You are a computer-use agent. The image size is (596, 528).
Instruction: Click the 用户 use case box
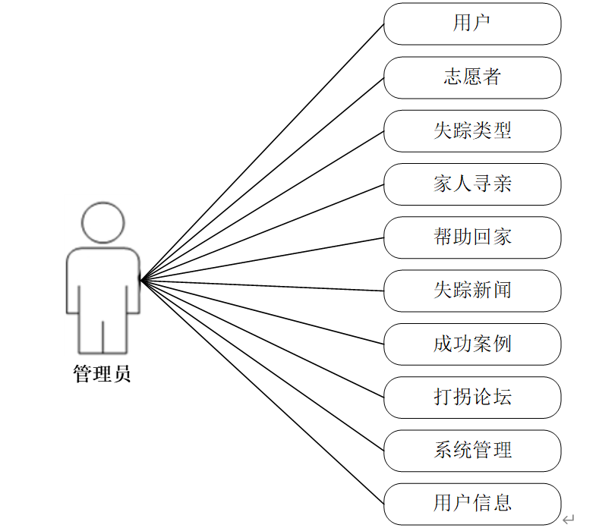472,24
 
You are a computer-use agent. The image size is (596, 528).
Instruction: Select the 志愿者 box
472,77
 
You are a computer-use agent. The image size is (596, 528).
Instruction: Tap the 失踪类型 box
472,130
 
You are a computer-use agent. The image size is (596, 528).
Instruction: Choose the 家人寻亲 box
472,184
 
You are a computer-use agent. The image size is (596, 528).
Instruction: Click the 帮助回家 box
472,237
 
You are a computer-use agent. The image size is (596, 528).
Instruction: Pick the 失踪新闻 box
472,290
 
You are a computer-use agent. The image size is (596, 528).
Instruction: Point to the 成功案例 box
472,344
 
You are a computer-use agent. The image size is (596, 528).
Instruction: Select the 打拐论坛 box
472,397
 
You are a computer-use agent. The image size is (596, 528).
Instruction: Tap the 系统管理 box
472,450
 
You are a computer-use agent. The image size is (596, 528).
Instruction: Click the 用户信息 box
472,503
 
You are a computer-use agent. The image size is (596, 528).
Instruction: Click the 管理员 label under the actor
102,374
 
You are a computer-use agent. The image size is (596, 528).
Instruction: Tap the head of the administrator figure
102,222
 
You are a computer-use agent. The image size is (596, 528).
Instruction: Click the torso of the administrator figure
102,281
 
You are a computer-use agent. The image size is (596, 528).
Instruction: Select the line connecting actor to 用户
263,152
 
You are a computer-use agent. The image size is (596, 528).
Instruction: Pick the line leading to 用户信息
263,391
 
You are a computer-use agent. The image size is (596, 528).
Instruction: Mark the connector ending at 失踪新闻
263,285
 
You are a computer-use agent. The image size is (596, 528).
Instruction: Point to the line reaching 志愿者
263,178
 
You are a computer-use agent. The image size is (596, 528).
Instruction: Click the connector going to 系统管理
263,365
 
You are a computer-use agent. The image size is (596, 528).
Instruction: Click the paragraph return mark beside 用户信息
569,519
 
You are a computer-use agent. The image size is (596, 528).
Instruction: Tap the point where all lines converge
141,280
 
